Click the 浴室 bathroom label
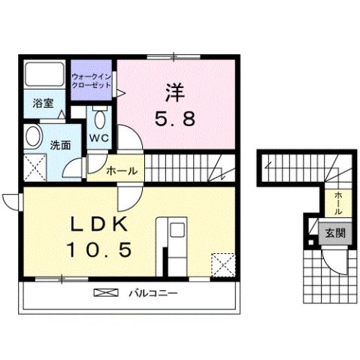[43, 104]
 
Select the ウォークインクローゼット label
[92, 81]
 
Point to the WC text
[100, 138]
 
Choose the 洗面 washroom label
[61, 144]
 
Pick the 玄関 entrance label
[336, 233]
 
